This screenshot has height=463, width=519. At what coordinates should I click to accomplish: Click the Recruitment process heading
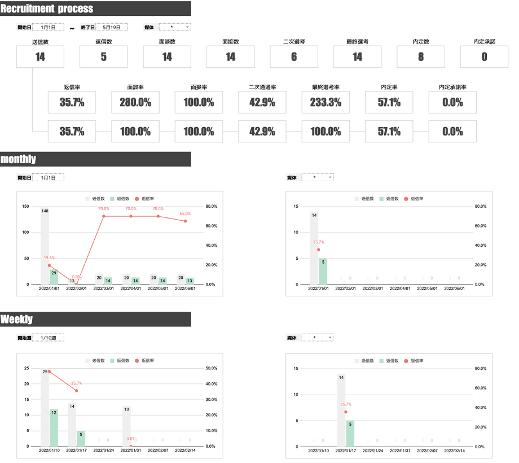tap(47, 8)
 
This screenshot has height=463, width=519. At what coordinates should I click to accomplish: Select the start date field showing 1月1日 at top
tap(49, 27)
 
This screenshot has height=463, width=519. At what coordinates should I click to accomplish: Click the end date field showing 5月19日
tap(112, 27)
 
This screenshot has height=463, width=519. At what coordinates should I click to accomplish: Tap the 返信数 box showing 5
tap(103, 56)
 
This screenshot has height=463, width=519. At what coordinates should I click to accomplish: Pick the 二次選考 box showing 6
tap(294, 56)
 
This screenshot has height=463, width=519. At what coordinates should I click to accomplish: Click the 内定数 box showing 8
tap(421, 56)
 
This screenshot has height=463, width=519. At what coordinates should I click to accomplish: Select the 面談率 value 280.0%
tap(135, 102)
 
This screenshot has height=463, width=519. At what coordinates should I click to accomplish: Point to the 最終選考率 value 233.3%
tap(326, 102)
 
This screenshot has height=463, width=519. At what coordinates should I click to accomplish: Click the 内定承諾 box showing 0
tap(484, 56)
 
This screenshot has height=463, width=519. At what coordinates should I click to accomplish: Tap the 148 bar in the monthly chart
tap(45, 248)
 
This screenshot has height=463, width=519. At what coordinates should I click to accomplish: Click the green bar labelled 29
tap(54, 277)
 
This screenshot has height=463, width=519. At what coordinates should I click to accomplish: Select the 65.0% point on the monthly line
tap(185, 221)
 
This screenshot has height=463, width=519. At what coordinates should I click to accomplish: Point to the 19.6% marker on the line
tap(49, 265)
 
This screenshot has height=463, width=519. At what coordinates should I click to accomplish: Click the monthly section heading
tap(18, 159)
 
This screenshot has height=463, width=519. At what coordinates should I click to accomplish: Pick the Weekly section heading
tap(16, 320)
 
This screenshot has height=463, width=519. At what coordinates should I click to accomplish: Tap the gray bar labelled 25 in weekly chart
tap(45, 409)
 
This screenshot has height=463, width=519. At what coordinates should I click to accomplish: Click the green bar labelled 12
tap(54, 427)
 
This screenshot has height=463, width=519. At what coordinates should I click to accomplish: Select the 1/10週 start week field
tap(49, 338)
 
